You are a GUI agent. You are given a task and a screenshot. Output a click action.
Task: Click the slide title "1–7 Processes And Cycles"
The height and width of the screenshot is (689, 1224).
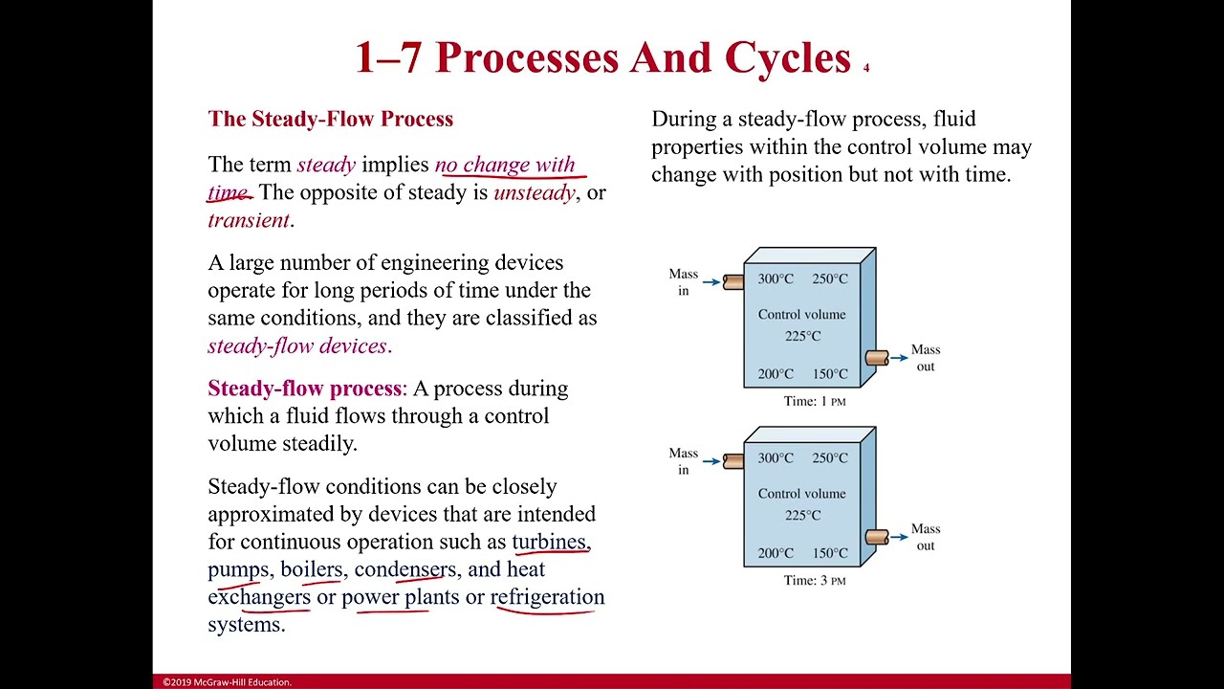(603, 57)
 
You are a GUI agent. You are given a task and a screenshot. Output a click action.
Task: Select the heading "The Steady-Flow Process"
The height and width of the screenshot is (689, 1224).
(331, 119)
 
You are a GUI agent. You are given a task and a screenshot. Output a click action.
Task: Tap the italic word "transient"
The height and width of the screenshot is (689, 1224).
(249, 220)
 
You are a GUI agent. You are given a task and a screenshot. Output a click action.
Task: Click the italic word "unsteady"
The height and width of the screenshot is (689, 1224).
(535, 192)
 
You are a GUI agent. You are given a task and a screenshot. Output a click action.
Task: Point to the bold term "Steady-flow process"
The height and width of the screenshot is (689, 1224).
(305, 389)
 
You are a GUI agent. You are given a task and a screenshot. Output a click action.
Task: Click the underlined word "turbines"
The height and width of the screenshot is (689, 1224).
(549, 542)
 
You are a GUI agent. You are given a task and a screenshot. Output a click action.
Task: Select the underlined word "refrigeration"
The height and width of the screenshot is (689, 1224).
(548, 596)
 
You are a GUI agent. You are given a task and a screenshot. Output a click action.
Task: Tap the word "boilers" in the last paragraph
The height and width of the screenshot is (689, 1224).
(312, 569)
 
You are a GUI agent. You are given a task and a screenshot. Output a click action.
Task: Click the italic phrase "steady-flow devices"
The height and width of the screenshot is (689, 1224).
(297, 346)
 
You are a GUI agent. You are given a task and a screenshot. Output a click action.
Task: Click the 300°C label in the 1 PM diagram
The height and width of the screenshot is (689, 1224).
(776, 278)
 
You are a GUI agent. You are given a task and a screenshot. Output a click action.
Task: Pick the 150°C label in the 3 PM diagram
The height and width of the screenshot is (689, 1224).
(830, 553)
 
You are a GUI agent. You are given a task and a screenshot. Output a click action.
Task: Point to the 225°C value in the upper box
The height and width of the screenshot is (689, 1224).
(802, 336)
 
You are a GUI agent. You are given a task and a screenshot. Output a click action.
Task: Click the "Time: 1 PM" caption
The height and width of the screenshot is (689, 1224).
(815, 401)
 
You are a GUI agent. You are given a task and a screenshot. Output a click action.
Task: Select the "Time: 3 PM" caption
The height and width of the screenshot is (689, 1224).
(815, 581)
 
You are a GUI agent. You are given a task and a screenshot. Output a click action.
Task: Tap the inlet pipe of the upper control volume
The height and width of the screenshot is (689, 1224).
(733, 282)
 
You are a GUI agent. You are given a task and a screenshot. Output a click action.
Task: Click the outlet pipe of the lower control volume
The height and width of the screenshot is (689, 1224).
(877, 538)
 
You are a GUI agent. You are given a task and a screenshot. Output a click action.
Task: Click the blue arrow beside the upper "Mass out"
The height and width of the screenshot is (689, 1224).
(900, 358)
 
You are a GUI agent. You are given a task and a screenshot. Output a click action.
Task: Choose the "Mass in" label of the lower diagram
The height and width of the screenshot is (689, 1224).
(684, 461)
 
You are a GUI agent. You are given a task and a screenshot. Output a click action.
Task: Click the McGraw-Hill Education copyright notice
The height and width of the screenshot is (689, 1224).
(228, 682)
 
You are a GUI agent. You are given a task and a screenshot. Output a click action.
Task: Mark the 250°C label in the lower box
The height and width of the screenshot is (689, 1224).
(830, 458)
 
